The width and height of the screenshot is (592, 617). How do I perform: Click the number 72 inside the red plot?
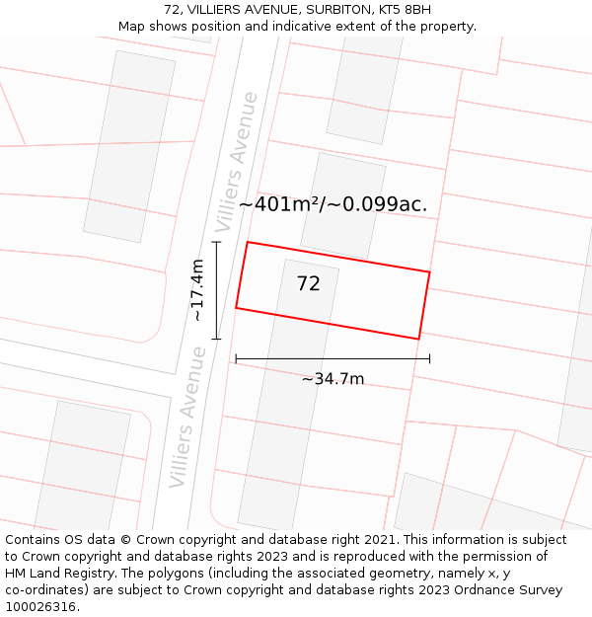tap(308, 284)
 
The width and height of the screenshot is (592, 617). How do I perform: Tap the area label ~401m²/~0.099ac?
tap(333, 205)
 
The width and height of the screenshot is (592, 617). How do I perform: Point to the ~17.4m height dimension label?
tap(198, 290)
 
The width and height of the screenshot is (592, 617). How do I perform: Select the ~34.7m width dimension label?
tap(333, 379)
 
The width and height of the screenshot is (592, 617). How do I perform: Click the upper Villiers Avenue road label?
tap(242, 148)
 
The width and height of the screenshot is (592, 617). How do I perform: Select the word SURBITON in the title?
tap(334, 10)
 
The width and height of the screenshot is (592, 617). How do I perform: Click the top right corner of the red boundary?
tap(429, 271)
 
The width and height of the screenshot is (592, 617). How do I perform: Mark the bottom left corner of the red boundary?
tap(236, 308)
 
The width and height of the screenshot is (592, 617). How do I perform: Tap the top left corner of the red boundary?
tap(247, 242)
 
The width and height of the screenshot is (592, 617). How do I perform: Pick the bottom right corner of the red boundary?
tap(419, 339)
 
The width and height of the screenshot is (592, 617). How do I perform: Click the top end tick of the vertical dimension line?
tap(216, 242)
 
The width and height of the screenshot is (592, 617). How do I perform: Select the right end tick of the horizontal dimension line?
tap(429, 358)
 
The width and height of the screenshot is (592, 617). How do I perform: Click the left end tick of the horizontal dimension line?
tap(236, 358)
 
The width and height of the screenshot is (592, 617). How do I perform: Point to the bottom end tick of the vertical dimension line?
tap(216, 339)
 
